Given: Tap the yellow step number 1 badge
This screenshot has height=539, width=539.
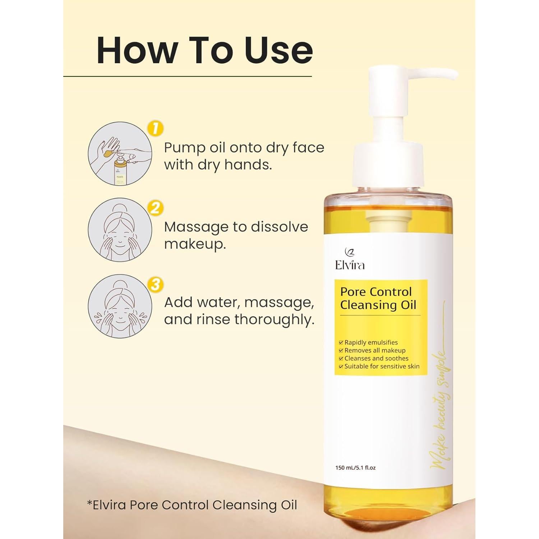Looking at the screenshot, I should coord(155,129).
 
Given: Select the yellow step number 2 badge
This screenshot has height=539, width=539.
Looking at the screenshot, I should coord(155,208).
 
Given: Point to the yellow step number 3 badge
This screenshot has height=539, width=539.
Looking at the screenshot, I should coord(155,285).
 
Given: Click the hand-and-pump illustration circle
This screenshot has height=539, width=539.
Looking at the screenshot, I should coord(120,154).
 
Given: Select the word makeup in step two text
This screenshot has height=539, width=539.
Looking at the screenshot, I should coord(195,244).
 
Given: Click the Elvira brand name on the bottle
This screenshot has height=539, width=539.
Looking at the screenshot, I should coord(350,265).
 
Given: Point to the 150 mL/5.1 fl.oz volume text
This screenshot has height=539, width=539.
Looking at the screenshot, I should coord(355,468).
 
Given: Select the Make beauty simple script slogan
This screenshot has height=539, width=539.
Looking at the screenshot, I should coord(440,410).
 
